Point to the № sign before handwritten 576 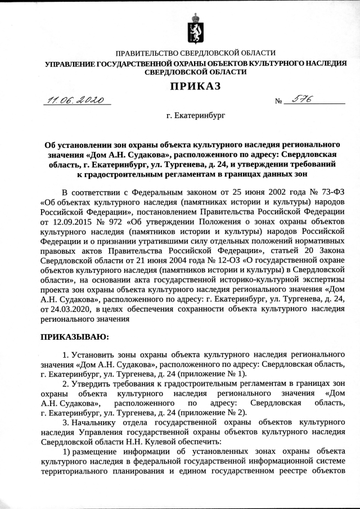278,102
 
